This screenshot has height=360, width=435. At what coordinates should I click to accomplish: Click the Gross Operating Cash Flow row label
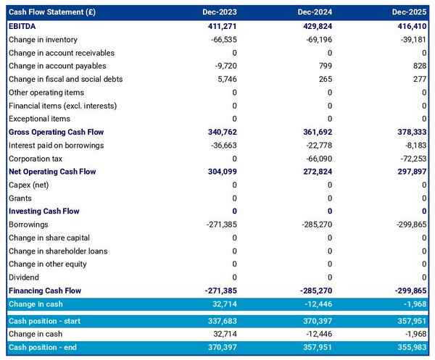[57, 132]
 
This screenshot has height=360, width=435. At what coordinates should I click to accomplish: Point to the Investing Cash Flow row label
[43, 211]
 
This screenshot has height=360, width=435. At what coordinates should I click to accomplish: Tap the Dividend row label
[24, 277]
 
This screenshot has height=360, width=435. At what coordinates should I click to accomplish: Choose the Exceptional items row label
[39, 119]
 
